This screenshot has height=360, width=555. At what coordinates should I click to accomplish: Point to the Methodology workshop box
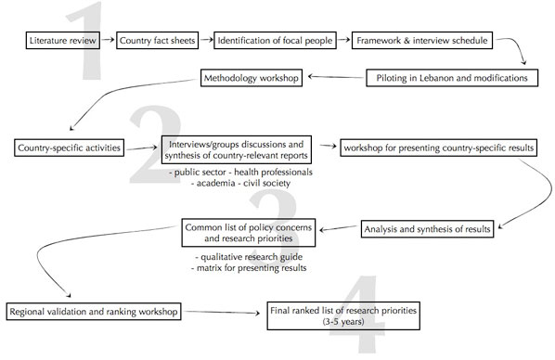tap(251, 78)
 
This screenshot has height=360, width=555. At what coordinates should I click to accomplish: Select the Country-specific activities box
tap(70, 148)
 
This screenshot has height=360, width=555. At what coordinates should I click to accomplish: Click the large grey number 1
tap(91, 42)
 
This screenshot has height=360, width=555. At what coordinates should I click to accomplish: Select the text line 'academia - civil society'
tap(241, 183)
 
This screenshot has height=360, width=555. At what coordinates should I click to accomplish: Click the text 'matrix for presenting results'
tap(254, 267)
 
